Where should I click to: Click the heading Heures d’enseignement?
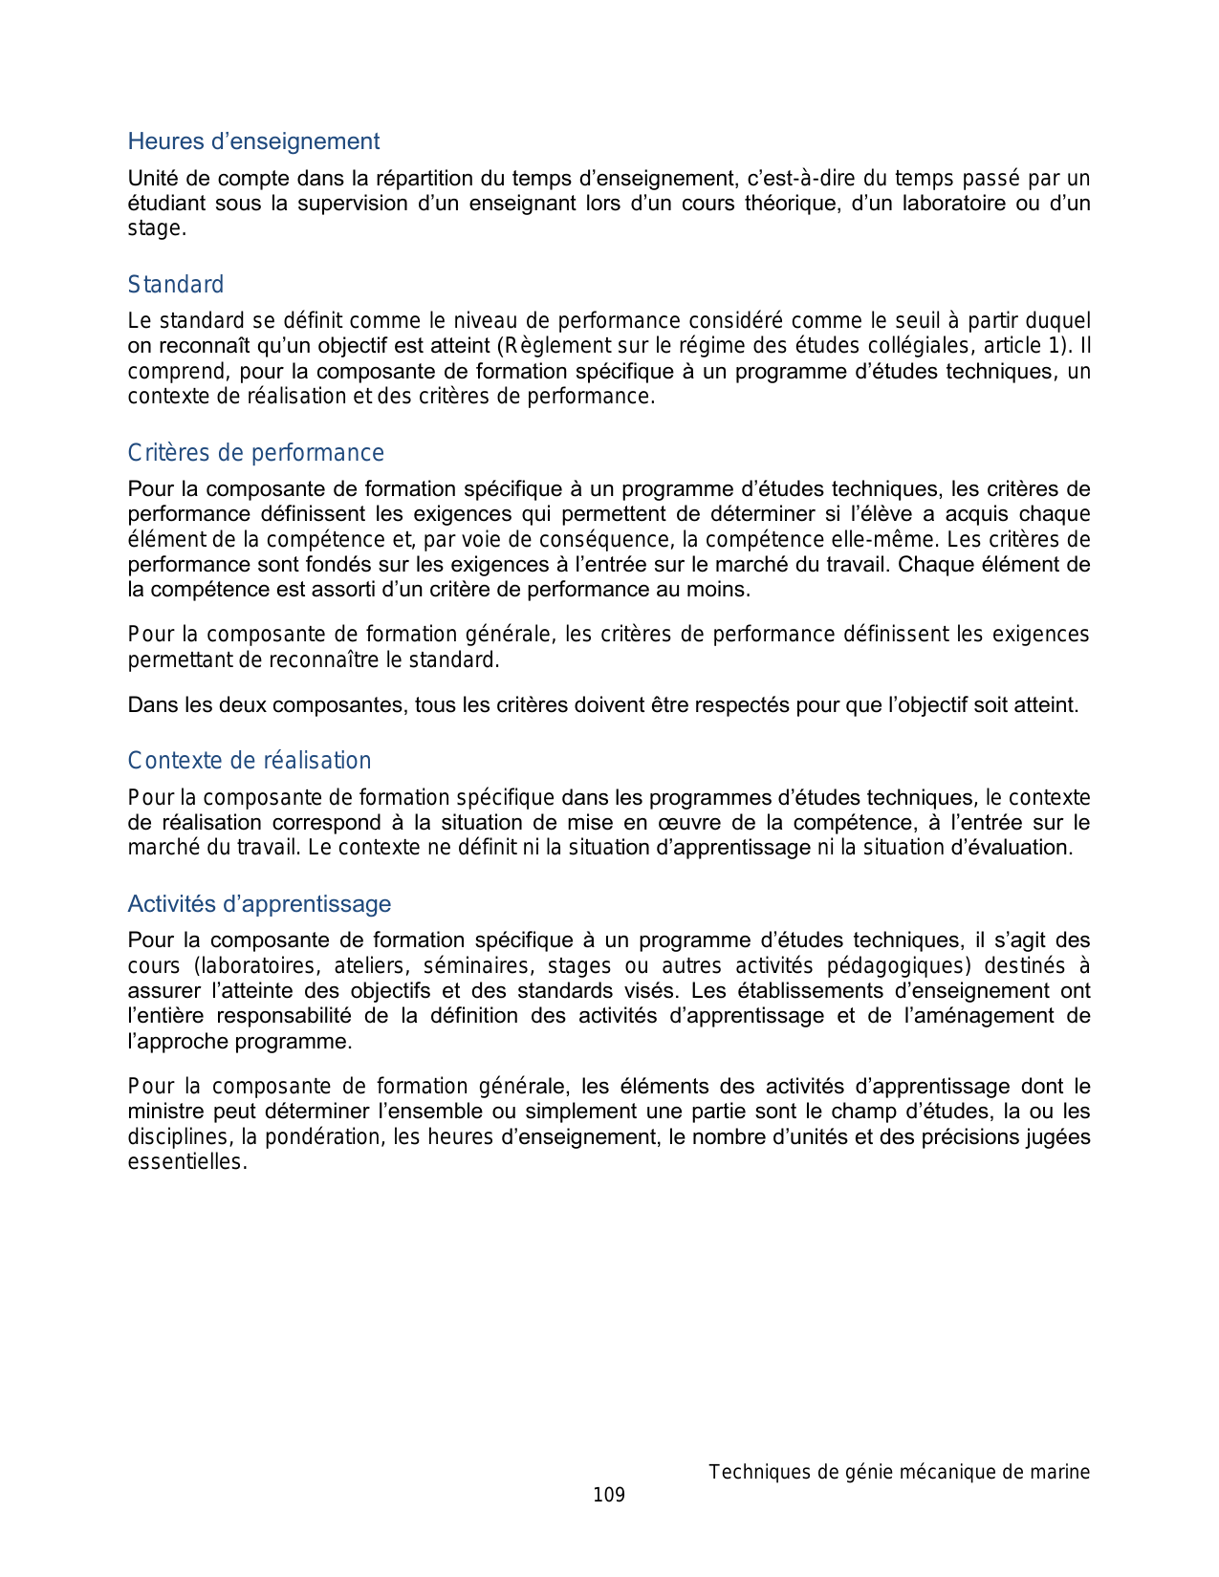[x=253, y=141]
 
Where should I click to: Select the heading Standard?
[x=176, y=285]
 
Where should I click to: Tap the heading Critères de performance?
[x=256, y=453]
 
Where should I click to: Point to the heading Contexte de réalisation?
[x=250, y=761]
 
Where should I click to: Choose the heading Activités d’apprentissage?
[x=259, y=904]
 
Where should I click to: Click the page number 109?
[x=609, y=1495]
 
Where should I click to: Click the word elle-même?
[x=887, y=540]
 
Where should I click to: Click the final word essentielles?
[x=186, y=1162]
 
